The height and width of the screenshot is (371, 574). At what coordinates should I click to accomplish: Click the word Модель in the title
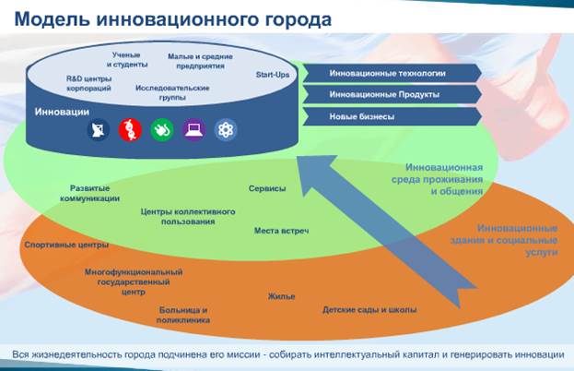tap(52, 19)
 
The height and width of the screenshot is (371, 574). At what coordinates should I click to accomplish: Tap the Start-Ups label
tap(273, 75)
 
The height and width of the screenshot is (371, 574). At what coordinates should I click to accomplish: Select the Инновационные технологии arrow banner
tap(392, 73)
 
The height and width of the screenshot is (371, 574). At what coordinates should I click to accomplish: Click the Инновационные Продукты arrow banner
tap(392, 94)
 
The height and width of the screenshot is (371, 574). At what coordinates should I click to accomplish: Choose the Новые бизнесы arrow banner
tap(392, 116)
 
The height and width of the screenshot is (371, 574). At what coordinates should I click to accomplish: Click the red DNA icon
tap(130, 130)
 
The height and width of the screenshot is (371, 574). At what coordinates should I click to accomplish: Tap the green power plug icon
tap(162, 130)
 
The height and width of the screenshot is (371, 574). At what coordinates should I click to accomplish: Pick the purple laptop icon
tap(193, 130)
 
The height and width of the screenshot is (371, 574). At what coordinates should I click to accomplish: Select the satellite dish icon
tap(98, 130)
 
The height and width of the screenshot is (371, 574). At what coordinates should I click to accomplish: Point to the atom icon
tap(226, 130)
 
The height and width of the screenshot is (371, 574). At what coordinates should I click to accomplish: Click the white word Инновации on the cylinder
tap(62, 112)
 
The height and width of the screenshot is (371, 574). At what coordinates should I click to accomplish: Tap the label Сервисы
tap(267, 188)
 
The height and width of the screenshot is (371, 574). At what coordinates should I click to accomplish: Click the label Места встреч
tap(282, 231)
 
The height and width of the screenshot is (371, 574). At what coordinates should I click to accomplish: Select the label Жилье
tap(282, 296)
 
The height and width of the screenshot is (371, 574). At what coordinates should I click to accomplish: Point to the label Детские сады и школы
tap(369, 310)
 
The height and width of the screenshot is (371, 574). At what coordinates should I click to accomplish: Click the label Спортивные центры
tap(66, 245)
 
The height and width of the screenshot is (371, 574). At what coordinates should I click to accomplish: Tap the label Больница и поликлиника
tap(183, 316)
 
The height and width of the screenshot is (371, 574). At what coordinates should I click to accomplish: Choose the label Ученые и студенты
tap(127, 60)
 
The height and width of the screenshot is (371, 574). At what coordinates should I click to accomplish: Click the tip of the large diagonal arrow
tap(298, 157)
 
